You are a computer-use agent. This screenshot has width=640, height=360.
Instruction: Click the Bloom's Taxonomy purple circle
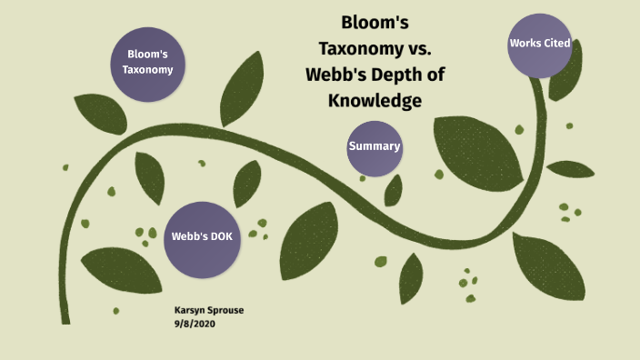coord(148,62)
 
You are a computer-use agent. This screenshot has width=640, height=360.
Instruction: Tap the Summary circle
coord(375,147)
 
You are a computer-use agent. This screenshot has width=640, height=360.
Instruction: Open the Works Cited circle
coord(540,45)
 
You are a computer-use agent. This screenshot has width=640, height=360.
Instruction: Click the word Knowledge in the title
coord(375,101)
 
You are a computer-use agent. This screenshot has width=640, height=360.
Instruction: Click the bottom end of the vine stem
coord(65,318)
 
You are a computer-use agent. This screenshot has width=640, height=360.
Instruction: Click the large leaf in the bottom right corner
coord(547,265)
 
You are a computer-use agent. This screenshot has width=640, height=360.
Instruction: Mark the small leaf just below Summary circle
coord(394,190)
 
